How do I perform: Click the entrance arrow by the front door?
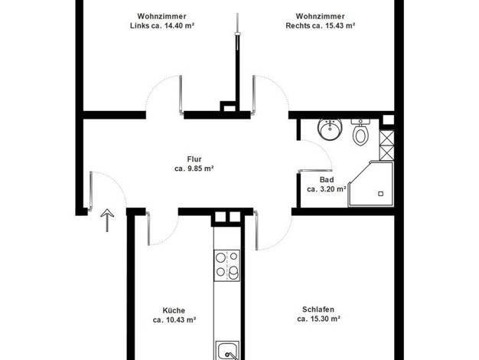pos(107,221)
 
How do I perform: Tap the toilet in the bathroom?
pos(360,133)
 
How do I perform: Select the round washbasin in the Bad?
pos(330,129)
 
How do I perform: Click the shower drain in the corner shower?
pos(380,194)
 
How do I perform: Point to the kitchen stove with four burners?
pos(227,266)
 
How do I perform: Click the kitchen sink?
pos(227,351)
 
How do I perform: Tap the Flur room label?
pos(194,159)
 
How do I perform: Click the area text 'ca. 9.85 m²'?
pos(194,169)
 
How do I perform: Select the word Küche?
pos(174,310)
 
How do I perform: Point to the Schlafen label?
pos(318,309)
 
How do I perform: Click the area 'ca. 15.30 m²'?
pos(318,319)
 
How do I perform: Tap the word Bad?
pos(327,180)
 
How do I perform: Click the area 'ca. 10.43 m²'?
pos(174,320)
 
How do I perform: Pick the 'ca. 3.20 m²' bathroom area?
pos(327,189)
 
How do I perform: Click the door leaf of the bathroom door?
pos(314,170)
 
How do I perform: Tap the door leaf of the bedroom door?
pos(256,230)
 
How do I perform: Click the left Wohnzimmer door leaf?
pos(181,95)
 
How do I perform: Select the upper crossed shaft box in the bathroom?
pos(386,138)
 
